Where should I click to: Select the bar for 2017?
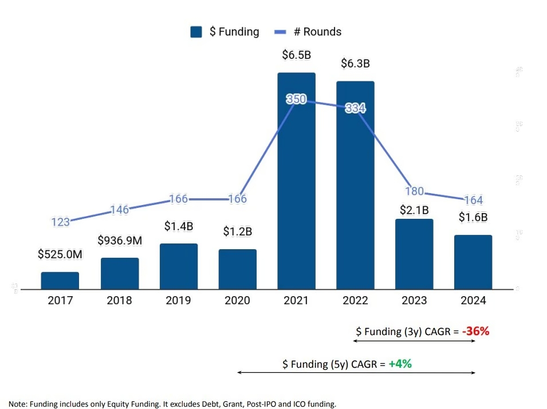[x=60, y=280]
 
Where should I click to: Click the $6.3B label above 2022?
[x=355, y=64]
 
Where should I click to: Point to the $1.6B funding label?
[x=473, y=217]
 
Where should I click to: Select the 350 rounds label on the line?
[x=296, y=99]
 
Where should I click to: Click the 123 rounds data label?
[x=60, y=222]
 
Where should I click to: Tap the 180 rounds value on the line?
[x=414, y=191]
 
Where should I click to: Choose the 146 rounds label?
[x=119, y=210]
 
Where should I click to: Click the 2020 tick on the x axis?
[x=237, y=300]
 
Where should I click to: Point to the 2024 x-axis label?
[x=473, y=300]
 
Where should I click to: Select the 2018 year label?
[x=119, y=300]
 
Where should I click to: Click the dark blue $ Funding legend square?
[x=196, y=32]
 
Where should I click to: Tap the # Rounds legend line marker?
[x=281, y=32]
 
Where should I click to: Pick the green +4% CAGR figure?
[x=400, y=363]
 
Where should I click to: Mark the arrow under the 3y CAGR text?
[x=414, y=341]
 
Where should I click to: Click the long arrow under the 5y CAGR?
[x=356, y=372]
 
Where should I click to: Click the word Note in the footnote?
[x=18, y=404]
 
